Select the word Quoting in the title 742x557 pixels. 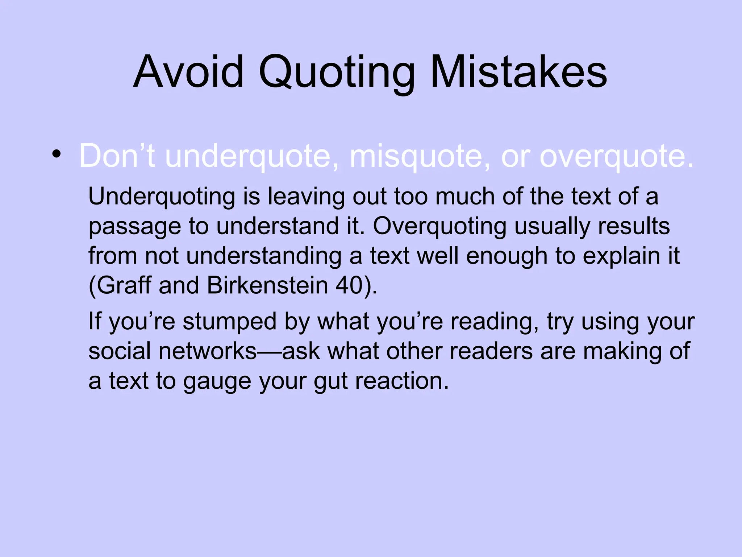click(x=337, y=73)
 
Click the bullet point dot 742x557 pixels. click(x=56, y=154)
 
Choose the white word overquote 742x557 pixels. click(x=616, y=157)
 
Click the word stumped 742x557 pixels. click(x=229, y=322)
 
